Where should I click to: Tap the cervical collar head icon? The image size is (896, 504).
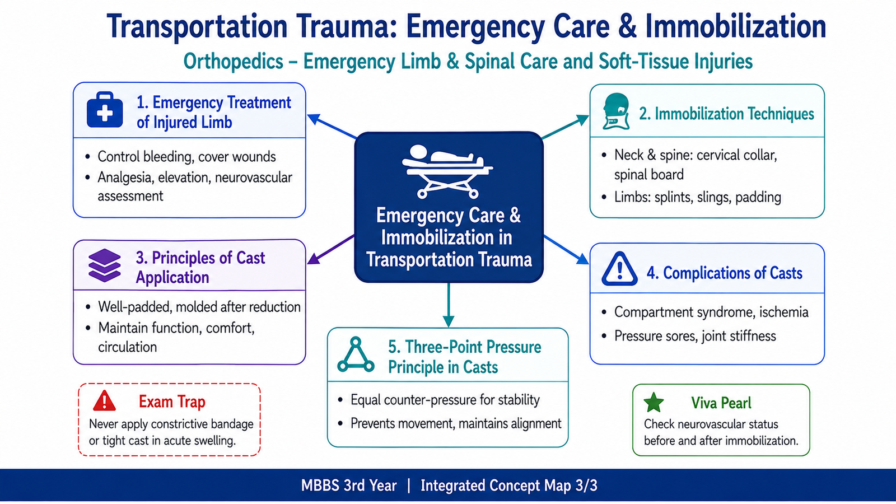coord(617,111)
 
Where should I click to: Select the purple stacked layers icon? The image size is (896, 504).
coord(104,265)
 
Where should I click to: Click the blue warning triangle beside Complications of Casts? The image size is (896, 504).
coord(619,269)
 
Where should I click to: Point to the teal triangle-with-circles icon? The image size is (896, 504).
coord(356,355)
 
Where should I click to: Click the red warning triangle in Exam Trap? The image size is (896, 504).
coord(104,401)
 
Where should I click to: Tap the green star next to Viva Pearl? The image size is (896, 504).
coord(654,403)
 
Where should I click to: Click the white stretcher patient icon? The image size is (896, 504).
coord(447,171)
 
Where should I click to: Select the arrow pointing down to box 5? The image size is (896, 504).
coord(449,305)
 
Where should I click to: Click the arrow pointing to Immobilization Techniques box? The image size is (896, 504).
coord(565,127)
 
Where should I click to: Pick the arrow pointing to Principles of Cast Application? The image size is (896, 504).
coord(331,249)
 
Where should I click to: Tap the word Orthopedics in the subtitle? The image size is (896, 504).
coord(233,62)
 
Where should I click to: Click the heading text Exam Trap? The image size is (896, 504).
coord(172,401)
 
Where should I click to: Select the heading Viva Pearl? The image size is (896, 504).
coord(721,403)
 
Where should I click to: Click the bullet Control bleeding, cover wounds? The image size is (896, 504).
coord(186,156)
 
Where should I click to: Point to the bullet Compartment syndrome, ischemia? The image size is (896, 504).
coord(711,312)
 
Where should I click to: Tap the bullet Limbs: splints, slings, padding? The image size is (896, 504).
coord(698,197)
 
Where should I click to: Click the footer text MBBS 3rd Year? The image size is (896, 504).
coord(349,486)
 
